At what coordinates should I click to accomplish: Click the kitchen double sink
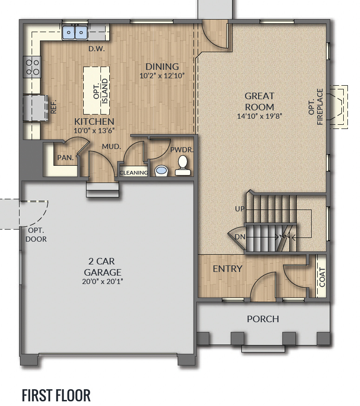pos(75,32)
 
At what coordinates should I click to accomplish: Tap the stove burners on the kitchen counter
pos(33,66)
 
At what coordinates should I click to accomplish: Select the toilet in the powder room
pos(183,166)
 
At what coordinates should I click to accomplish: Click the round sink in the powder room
pos(161,170)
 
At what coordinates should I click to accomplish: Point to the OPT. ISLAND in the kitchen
pos(97,90)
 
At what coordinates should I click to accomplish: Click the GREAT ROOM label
pos(260,101)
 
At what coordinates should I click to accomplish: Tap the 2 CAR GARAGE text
pos(103,267)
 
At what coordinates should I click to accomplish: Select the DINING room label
pos(162,67)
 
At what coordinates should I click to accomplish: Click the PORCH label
pos(263,319)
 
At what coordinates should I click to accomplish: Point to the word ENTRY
pos(227,269)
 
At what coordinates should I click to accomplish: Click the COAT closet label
pos(322,277)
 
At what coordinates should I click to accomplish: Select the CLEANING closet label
pos(134,173)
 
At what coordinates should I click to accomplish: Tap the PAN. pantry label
pos(66,158)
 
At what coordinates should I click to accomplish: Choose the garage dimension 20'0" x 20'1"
pos(103,281)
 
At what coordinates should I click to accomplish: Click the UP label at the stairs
pos(240,209)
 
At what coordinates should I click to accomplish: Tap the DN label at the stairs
pos(240,237)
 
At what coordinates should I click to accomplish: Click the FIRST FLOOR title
pos(56,395)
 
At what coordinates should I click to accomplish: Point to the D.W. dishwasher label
pos(97,48)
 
